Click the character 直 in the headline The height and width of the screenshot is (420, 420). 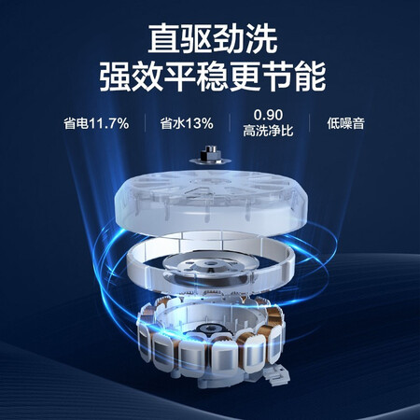coord(163,39)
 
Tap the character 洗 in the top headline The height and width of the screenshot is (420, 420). coord(260,39)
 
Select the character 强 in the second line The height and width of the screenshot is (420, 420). coord(115,77)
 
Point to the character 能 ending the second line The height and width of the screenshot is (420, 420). coord(310,77)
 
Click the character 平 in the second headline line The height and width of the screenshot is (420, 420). coord(180,77)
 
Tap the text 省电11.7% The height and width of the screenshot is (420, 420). coord(96,123)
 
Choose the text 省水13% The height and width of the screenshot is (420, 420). coord(187,123)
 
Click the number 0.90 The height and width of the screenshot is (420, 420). coord(268,115)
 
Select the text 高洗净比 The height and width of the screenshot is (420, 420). coord(268,131)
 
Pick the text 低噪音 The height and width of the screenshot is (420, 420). coord(345,123)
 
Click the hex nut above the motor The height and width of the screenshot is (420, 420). coord(210,154)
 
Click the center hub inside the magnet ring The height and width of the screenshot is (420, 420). coord(211,268)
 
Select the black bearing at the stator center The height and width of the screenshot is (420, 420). coord(211,329)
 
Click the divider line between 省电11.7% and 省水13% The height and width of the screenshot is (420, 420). coord(146,123)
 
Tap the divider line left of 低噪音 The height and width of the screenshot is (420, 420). coord(310,123)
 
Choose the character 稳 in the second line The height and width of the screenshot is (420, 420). coord(213,77)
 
